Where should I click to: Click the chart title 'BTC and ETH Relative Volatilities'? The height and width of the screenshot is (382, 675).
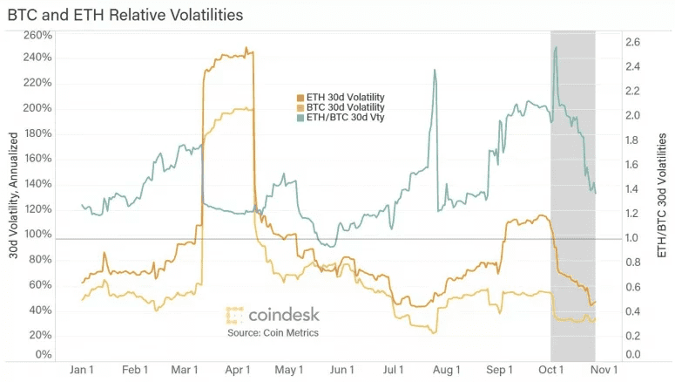point(125,15)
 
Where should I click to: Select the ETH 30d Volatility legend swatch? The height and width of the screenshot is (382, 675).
point(300,98)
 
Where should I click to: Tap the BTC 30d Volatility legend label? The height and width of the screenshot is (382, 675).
point(345,107)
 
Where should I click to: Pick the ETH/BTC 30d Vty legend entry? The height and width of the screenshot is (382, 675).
point(341,117)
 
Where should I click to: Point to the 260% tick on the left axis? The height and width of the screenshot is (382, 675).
point(37,35)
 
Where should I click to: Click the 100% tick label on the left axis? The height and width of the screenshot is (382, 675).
point(37,234)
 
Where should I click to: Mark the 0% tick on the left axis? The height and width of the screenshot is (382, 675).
point(44,354)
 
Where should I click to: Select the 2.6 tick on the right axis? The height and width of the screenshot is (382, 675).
point(633,42)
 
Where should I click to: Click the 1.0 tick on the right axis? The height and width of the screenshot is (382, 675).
point(633,238)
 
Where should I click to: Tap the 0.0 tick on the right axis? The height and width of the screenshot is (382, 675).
point(633,354)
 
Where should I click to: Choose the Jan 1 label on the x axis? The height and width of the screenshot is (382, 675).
point(81,370)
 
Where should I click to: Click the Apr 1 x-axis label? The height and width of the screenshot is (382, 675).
point(238,370)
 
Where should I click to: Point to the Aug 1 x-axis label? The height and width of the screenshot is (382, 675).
point(447,370)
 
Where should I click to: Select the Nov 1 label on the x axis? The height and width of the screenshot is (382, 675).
point(604,370)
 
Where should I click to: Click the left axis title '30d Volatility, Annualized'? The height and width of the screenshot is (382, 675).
point(13,195)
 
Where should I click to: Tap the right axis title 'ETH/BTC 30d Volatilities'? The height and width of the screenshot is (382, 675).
point(662,195)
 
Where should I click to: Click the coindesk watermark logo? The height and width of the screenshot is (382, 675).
point(273,315)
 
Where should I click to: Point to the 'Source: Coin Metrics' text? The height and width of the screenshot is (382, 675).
point(273,333)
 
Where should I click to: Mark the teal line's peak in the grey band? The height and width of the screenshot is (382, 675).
point(556,47)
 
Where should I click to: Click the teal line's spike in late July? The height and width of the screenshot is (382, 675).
point(435,70)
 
